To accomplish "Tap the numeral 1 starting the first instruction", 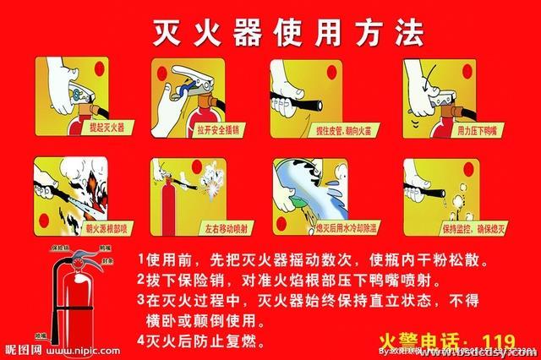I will (140, 258).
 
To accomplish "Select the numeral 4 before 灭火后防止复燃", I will (140, 341).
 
